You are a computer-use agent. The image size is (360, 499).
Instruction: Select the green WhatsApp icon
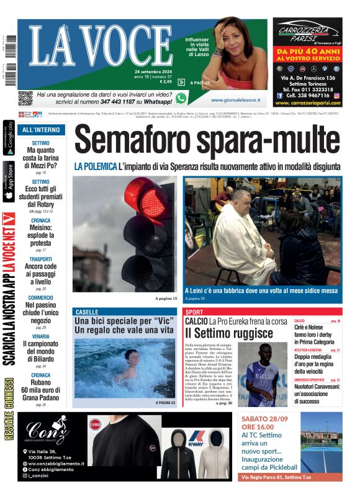(181, 98)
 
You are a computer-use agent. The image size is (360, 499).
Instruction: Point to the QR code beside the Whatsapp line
(25, 98)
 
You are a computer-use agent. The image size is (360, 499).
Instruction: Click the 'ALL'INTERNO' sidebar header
(41, 130)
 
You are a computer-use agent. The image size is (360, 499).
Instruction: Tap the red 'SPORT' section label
(194, 312)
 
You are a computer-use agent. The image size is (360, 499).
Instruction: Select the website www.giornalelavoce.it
(235, 100)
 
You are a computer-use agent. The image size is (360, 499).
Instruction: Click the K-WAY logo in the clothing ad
(196, 436)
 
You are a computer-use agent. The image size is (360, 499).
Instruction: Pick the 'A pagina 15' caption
(166, 299)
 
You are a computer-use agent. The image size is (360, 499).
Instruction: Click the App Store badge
(9, 182)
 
